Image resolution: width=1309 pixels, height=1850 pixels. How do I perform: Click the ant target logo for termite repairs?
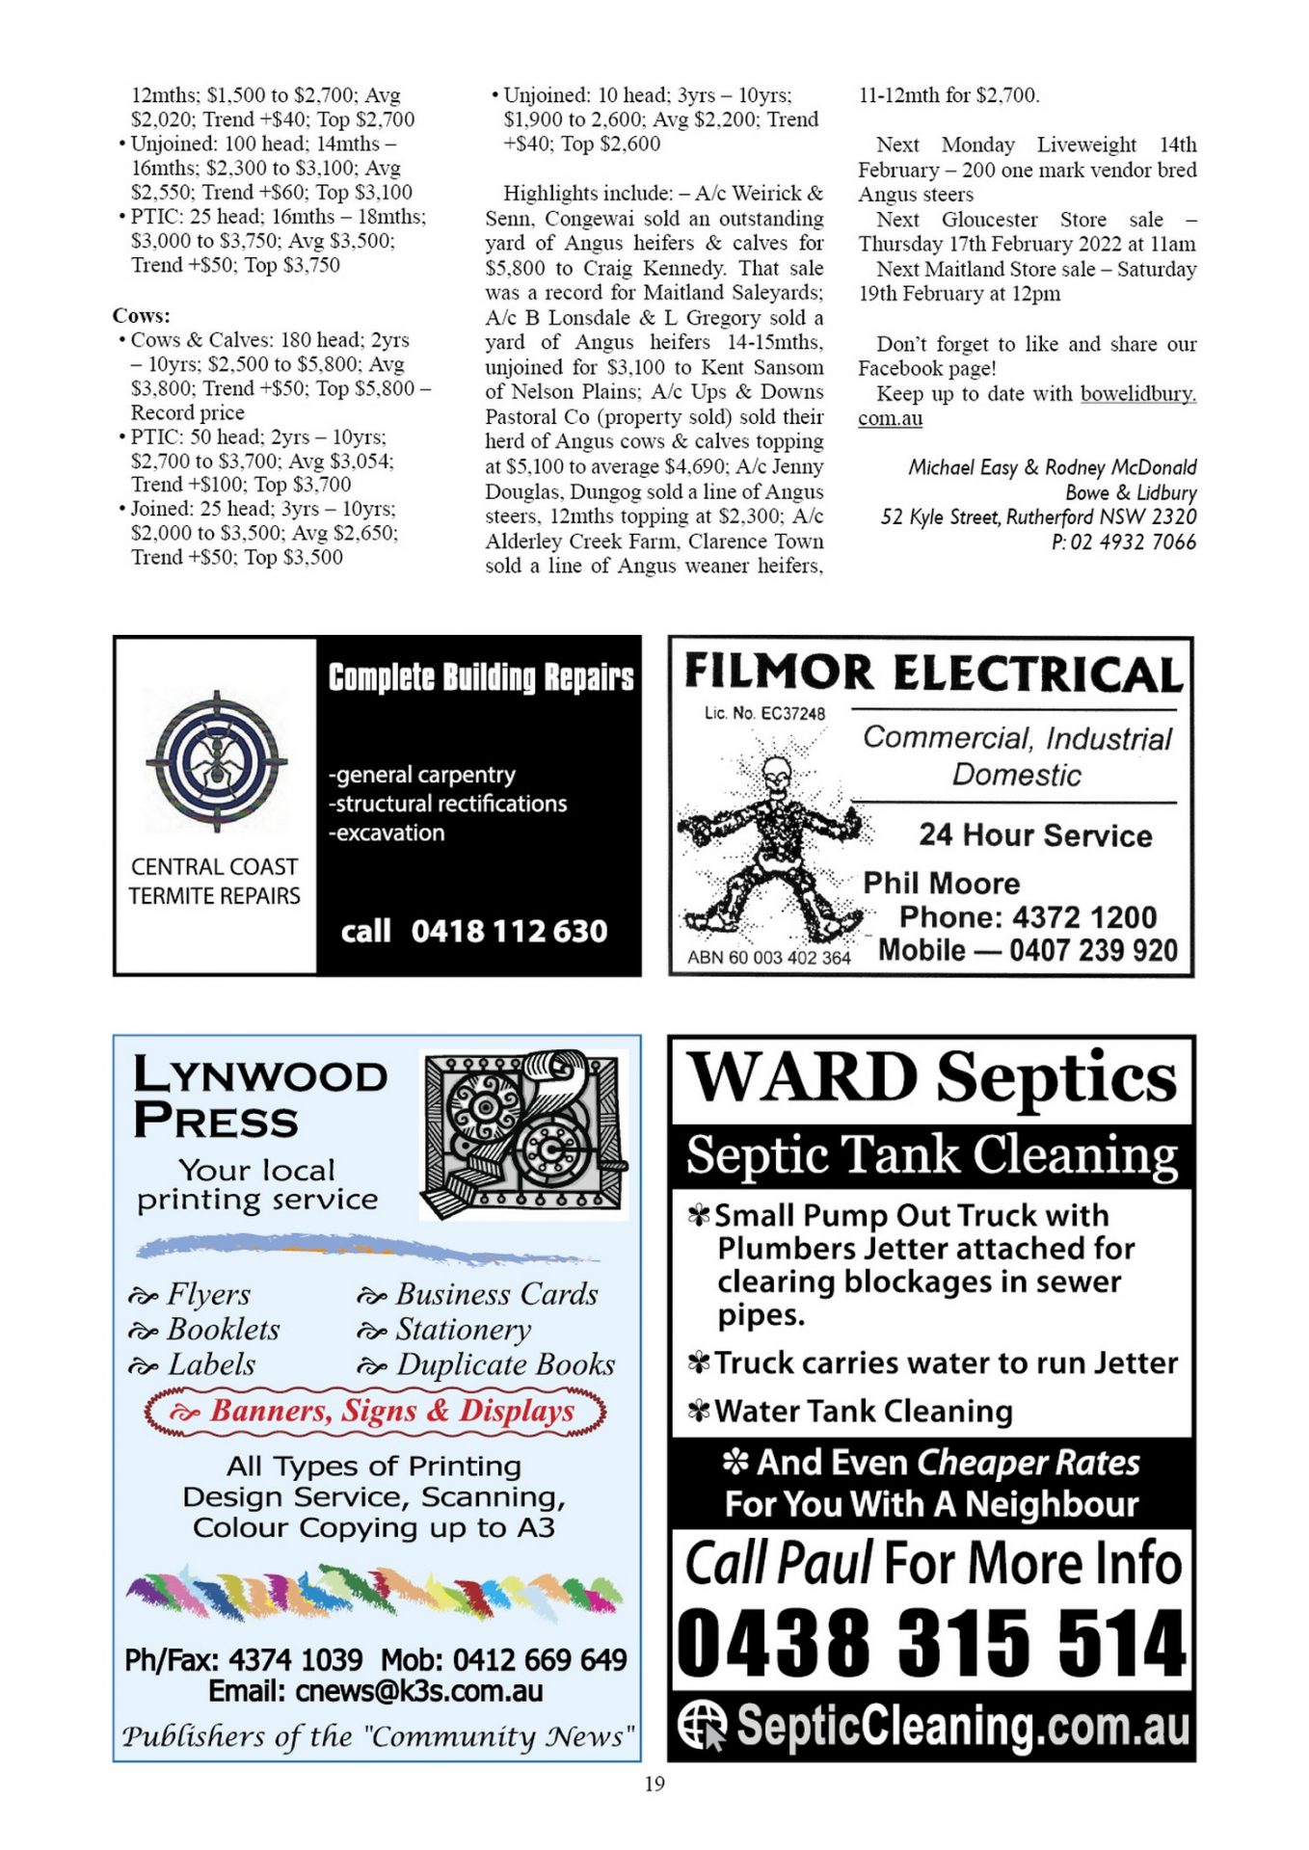(217, 761)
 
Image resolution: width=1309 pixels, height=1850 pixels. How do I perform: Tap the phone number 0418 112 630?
(509, 931)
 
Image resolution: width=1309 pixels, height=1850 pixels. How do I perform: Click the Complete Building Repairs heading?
(480, 677)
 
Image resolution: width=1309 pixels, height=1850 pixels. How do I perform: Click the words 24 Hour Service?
(1034, 834)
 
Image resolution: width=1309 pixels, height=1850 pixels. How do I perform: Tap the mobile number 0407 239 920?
(1093, 951)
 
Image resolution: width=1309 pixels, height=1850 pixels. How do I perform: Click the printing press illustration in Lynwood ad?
(523, 1135)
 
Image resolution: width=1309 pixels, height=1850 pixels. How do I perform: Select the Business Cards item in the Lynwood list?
(496, 1294)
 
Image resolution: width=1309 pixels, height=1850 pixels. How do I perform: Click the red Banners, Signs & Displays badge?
(376, 1411)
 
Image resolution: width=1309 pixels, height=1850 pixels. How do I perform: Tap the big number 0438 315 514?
(930, 1644)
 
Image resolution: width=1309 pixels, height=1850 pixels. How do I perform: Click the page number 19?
(654, 1784)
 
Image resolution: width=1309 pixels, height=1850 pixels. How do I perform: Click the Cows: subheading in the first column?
(142, 315)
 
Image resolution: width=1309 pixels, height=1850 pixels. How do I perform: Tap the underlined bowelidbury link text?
(1137, 393)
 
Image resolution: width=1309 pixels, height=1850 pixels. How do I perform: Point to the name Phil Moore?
(941, 883)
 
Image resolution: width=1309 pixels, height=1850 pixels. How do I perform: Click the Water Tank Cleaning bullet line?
(863, 1411)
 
